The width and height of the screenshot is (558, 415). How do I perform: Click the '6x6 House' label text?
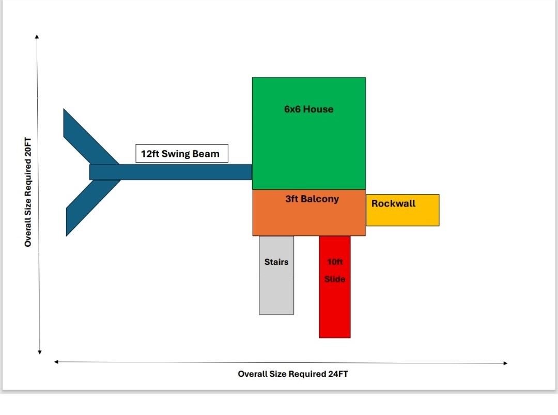coord(308,109)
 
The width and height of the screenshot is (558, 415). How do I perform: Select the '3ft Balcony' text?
coord(312,199)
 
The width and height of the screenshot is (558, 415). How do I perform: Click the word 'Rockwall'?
coord(393,203)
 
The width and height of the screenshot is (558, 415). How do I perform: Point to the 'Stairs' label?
coord(276,262)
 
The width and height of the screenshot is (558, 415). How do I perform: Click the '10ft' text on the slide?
coord(335,262)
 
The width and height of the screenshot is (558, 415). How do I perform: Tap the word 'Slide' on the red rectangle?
coord(335,279)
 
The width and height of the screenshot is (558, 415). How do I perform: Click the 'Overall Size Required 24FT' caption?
coord(293,374)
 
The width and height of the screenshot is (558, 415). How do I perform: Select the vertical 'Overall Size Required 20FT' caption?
coord(28,191)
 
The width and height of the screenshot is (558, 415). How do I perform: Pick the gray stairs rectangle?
coord(276,289)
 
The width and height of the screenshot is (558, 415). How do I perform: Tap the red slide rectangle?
coord(335,310)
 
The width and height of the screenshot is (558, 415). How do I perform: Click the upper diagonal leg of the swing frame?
coord(85,137)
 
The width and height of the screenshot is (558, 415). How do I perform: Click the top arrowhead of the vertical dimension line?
coord(37,36)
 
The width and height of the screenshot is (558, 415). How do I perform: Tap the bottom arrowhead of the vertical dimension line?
coord(40,353)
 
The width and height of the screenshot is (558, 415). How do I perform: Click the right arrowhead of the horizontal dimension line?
coord(505,363)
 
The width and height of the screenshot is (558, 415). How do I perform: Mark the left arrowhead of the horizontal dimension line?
coord(56,362)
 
